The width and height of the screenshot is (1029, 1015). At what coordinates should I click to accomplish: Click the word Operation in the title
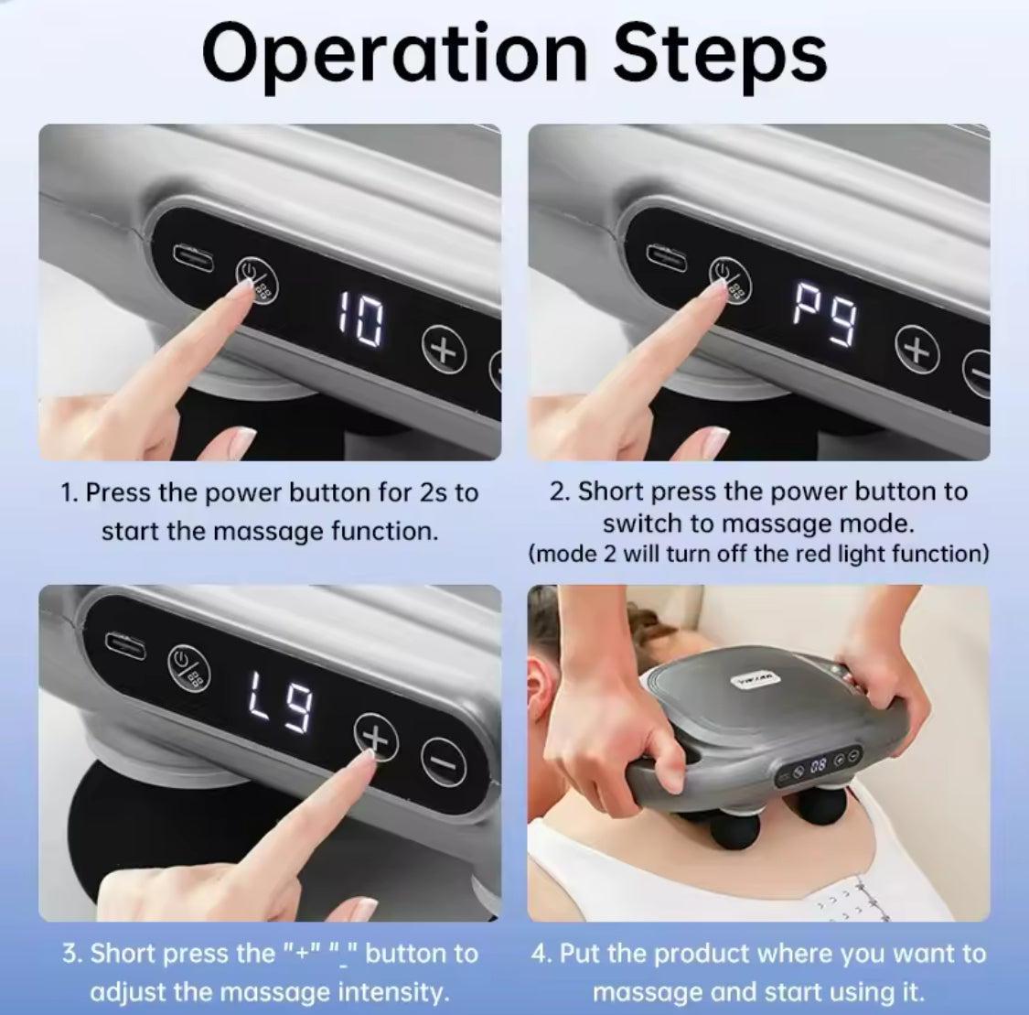pyautogui.click(x=394, y=55)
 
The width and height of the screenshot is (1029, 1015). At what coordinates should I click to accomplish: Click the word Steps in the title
pyautogui.click(x=720, y=55)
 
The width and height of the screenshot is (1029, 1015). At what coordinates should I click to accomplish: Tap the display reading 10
pyautogui.click(x=359, y=319)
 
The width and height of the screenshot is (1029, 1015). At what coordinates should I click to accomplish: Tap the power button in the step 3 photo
pyautogui.click(x=189, y=667)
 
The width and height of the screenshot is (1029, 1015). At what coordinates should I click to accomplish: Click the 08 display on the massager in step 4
pyautogui.click(x=818, y=765)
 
